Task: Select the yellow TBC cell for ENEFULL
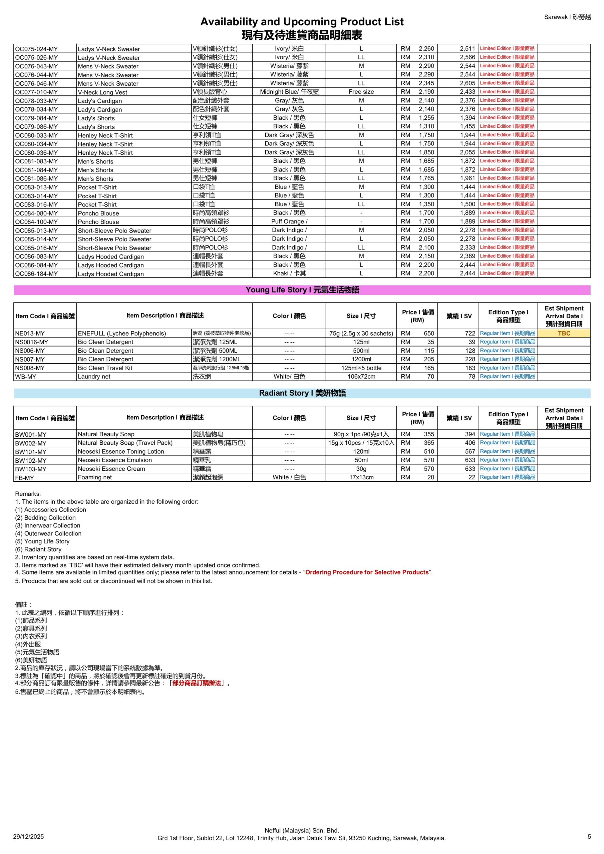[x=564, y=333]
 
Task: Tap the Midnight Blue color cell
[x=289, y=92]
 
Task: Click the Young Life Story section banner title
[x=302, y=290]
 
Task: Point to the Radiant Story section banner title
[x=302, y=393]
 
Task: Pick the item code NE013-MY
[x=30, y=334]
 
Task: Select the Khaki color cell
[x=289, y=274]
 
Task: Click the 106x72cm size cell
[x=361, y=376]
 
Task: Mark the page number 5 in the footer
[x=589, y=837]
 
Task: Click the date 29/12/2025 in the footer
[x=28, y=837]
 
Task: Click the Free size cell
[x=361, y=92]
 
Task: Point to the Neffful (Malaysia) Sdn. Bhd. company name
[x=302, y=831]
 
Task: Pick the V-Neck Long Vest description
[x=102, y=93]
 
